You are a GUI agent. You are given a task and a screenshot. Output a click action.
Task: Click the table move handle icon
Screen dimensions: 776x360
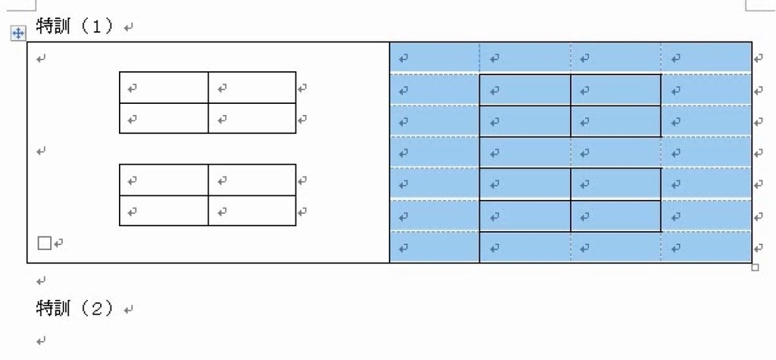[18, 33]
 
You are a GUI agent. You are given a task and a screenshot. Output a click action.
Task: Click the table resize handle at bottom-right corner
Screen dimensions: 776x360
[755, 268]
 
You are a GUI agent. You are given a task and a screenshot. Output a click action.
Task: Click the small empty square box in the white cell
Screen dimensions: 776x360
[45, 243]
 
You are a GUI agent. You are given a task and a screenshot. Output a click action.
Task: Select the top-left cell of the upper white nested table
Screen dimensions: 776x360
[164, 88]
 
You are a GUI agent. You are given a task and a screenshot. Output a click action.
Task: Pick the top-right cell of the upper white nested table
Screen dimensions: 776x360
[252, 88]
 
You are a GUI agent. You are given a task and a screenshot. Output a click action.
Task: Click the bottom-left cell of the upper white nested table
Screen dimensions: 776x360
[164, 118]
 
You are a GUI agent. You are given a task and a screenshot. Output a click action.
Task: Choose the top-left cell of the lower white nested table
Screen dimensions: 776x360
[164, 180]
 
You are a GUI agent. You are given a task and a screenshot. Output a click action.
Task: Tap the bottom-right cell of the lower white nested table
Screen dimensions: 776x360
[252, 211]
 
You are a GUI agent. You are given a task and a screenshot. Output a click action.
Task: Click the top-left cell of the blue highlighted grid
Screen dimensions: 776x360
[434, 58]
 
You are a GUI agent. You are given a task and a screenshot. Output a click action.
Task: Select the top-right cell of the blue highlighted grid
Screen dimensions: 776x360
[706, 58]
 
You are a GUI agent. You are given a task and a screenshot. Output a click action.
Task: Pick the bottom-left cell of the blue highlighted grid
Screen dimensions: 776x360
[434, 247]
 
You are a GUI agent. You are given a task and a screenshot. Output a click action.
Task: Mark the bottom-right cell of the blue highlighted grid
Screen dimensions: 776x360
[706, 247]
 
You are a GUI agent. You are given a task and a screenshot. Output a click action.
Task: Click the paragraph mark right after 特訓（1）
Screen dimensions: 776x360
[129, 28]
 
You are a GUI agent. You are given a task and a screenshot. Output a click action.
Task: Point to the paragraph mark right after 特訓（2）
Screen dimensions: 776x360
[129, 311]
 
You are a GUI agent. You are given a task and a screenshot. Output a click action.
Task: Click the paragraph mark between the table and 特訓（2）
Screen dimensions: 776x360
[42, 281]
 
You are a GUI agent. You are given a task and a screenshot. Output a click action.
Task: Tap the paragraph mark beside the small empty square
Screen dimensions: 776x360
[58, 243]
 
